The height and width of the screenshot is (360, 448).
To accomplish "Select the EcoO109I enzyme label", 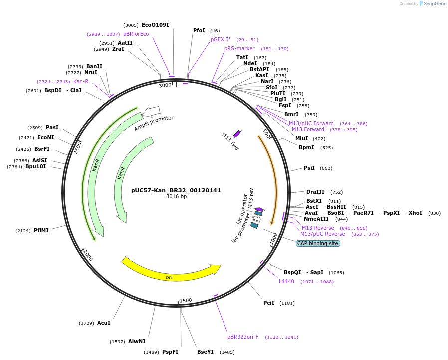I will (x=155, y=25).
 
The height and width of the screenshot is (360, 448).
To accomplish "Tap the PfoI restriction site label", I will (x=199, y=31).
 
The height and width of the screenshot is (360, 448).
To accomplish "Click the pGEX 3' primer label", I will (x=221, y=39).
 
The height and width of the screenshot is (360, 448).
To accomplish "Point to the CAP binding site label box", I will (x=318, y=244).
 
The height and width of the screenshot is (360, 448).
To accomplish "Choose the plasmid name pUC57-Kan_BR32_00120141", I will (x=176, y=190).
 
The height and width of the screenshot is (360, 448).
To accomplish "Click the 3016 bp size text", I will (x=176, y=197).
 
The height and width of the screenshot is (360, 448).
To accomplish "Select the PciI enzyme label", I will (x=268, y=303).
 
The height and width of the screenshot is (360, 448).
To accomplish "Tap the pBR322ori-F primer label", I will (x=243, y=337).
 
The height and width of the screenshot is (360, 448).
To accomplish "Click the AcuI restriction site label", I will (x=104, y=323).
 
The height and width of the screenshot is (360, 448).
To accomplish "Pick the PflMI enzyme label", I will (x=41, y=231).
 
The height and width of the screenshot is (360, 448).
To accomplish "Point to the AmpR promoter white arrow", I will (x=151, y=111).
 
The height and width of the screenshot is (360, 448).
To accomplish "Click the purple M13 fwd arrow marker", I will (x=237, y=133).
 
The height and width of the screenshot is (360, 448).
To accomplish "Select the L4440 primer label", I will (x=286, y=282).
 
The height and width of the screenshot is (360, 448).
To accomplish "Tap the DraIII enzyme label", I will (x=315, y=192).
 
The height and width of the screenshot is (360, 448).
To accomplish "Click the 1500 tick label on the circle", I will (x=186, y=300).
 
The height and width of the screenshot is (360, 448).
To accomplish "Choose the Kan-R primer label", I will (x=81, y=82).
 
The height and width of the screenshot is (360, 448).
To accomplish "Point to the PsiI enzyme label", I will (x=309, y=168).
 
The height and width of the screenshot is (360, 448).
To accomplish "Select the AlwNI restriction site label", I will (x=137, y=342).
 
